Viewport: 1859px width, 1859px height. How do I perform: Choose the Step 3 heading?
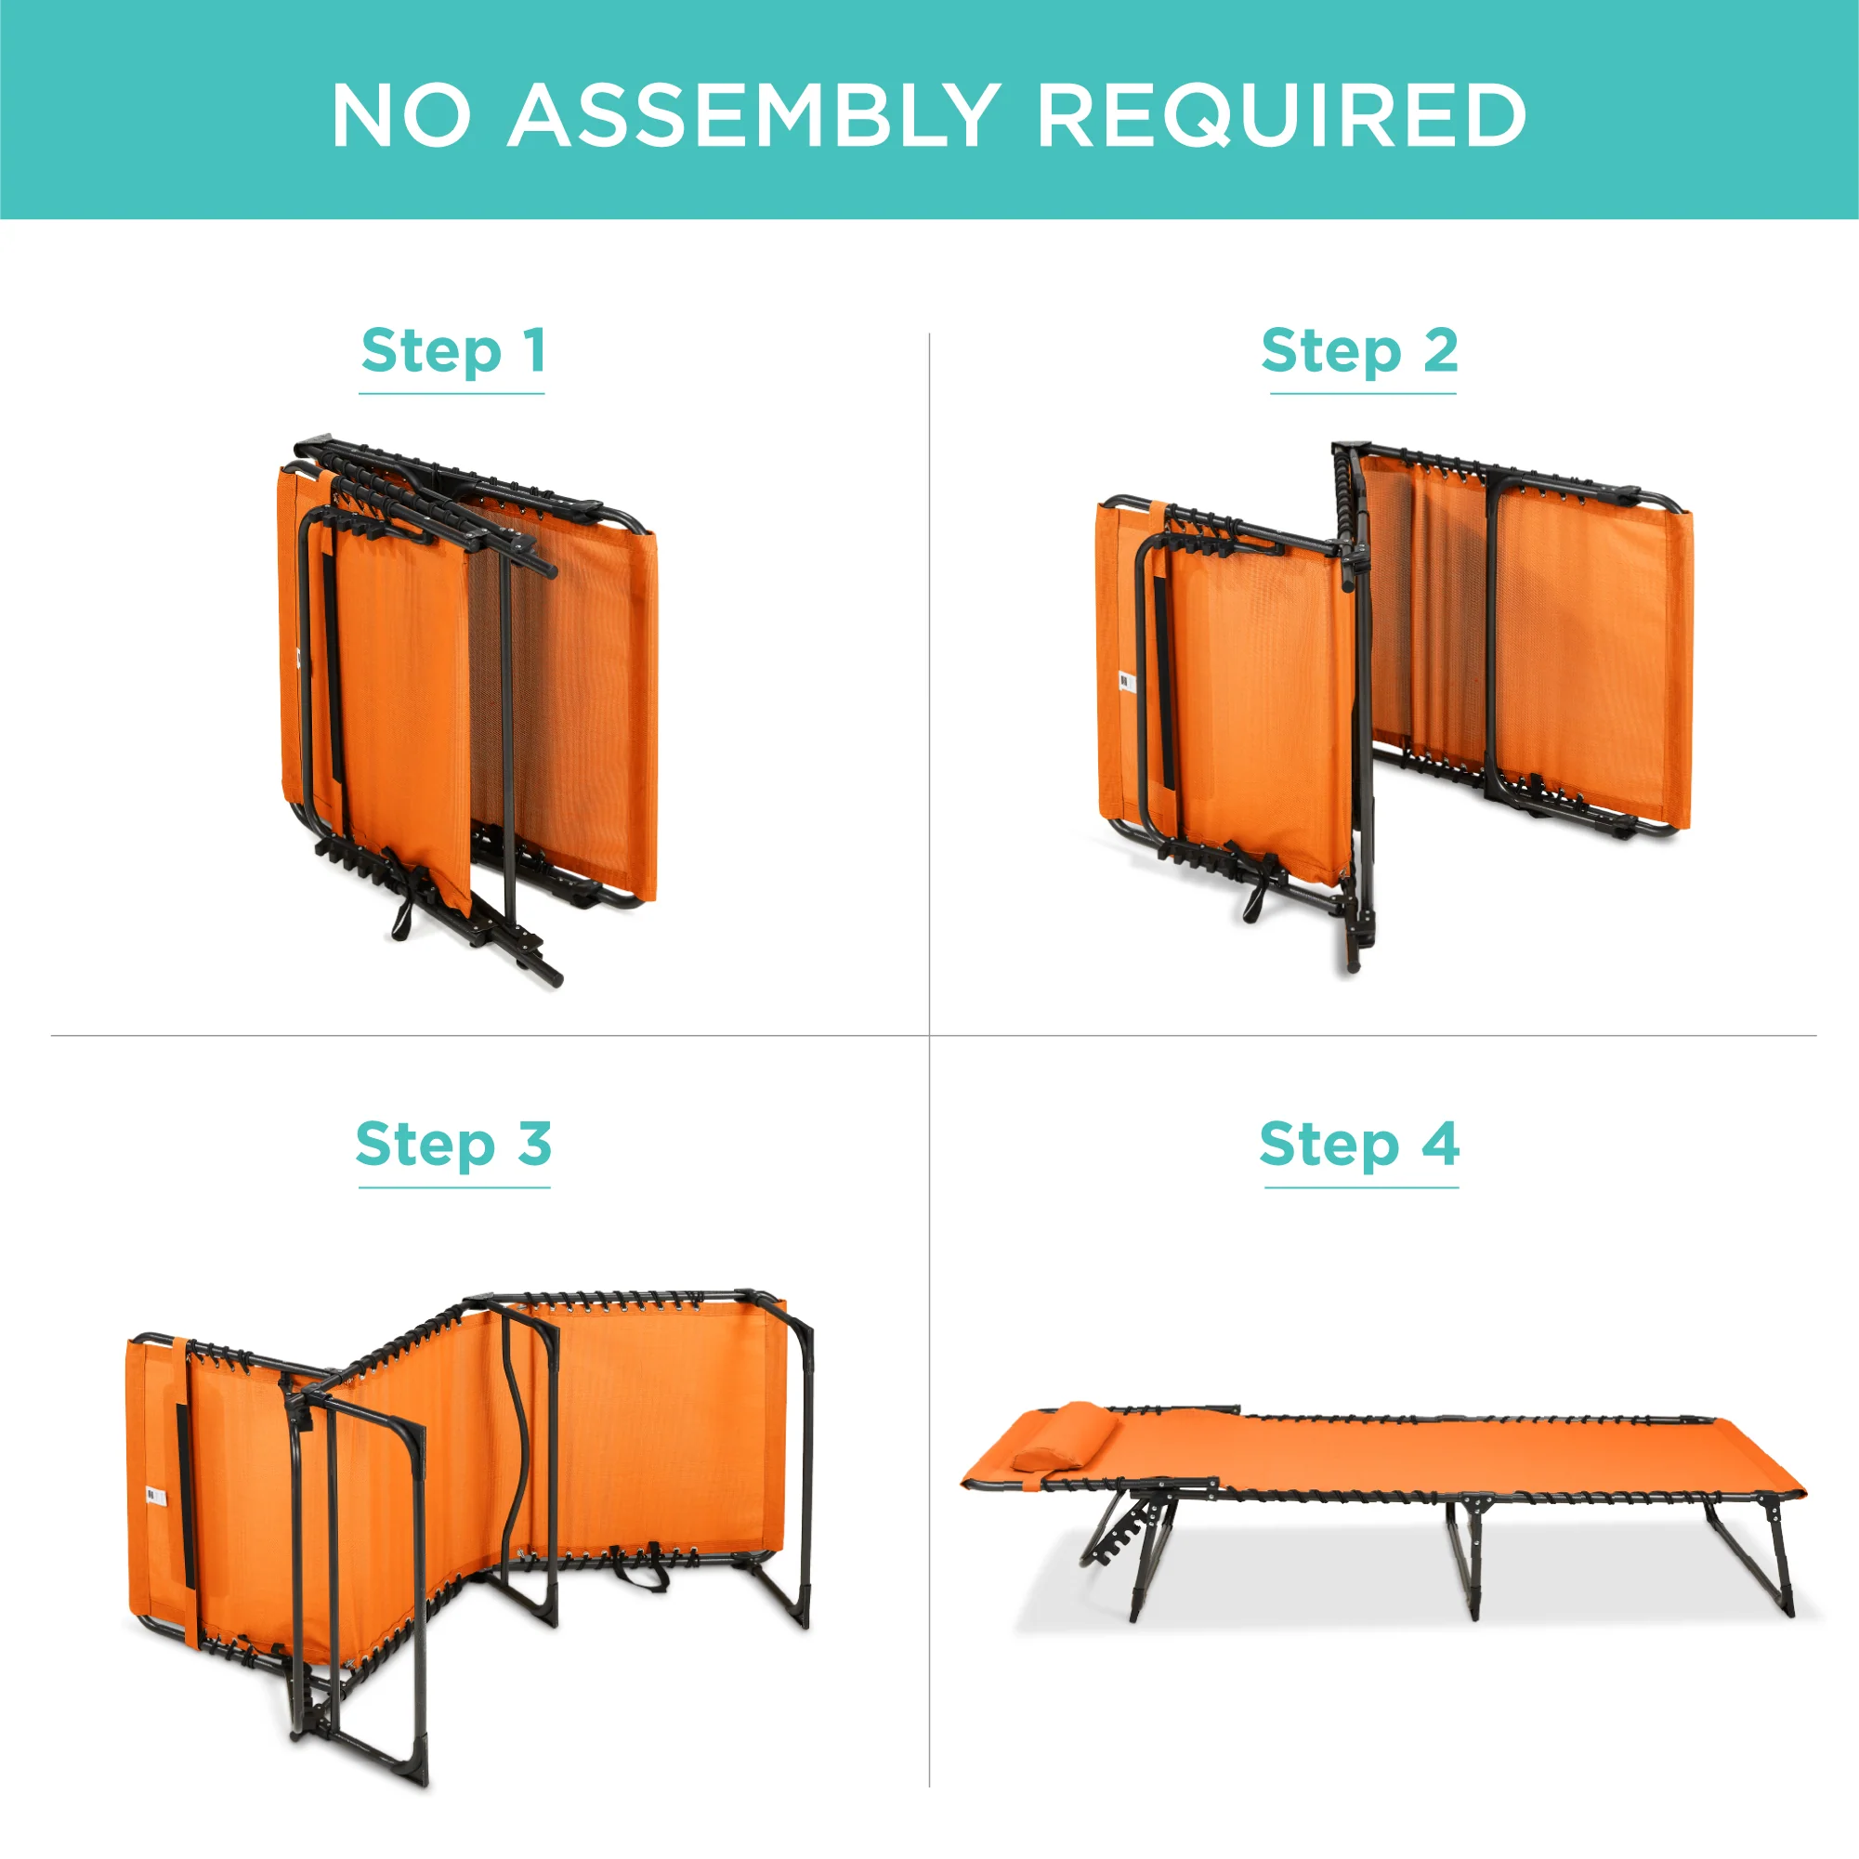pos(453,1145)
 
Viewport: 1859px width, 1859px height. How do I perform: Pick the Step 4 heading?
pos(1359,1145)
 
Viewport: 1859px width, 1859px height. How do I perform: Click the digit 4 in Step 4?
pos(1440,1143)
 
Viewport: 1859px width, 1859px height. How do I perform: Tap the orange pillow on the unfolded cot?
pos(1067,1435)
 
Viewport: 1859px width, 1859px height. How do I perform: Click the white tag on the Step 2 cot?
pos(1127,682)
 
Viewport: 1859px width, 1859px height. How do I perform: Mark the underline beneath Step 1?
pos(452,394)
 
